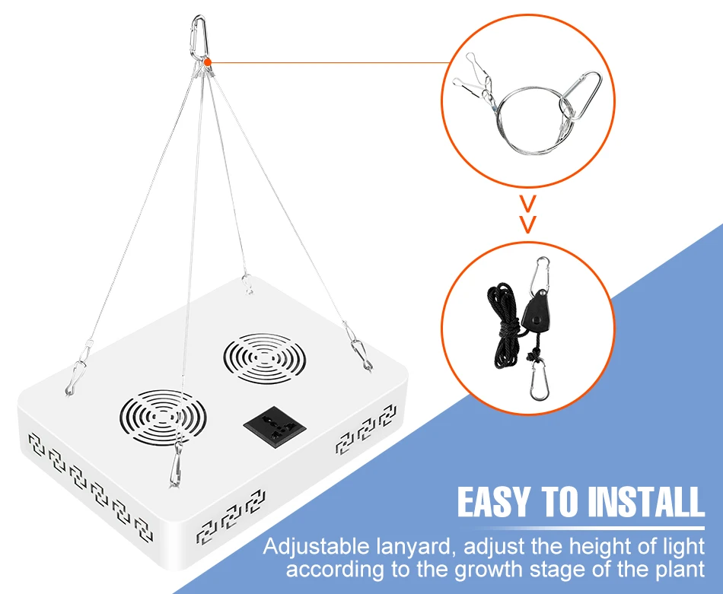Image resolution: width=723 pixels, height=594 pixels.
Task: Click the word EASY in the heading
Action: pyautogui.click(x=497, y=503)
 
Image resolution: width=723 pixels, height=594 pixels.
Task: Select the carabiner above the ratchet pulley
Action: pyautogui.click(x=542, y=271)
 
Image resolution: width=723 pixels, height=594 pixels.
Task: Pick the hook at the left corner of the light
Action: pyautogui.click(x=75, y=373)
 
